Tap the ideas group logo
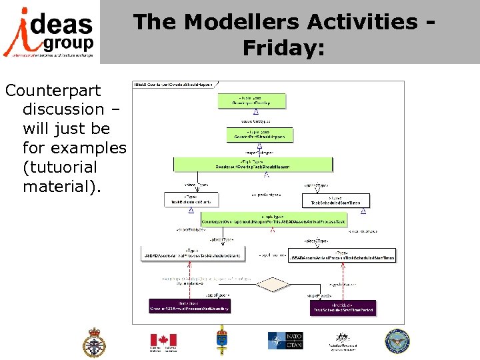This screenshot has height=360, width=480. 49,32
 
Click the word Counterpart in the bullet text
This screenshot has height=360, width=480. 53,90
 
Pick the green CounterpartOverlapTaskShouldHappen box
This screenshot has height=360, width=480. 252,164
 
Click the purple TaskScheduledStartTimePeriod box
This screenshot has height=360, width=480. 343,307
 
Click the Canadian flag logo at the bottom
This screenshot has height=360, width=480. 163,341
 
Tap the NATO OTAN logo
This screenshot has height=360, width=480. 285,341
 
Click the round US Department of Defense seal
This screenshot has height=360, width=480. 397,341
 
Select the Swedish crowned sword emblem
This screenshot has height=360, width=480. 222,341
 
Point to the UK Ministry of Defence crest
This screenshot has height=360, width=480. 94,342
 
